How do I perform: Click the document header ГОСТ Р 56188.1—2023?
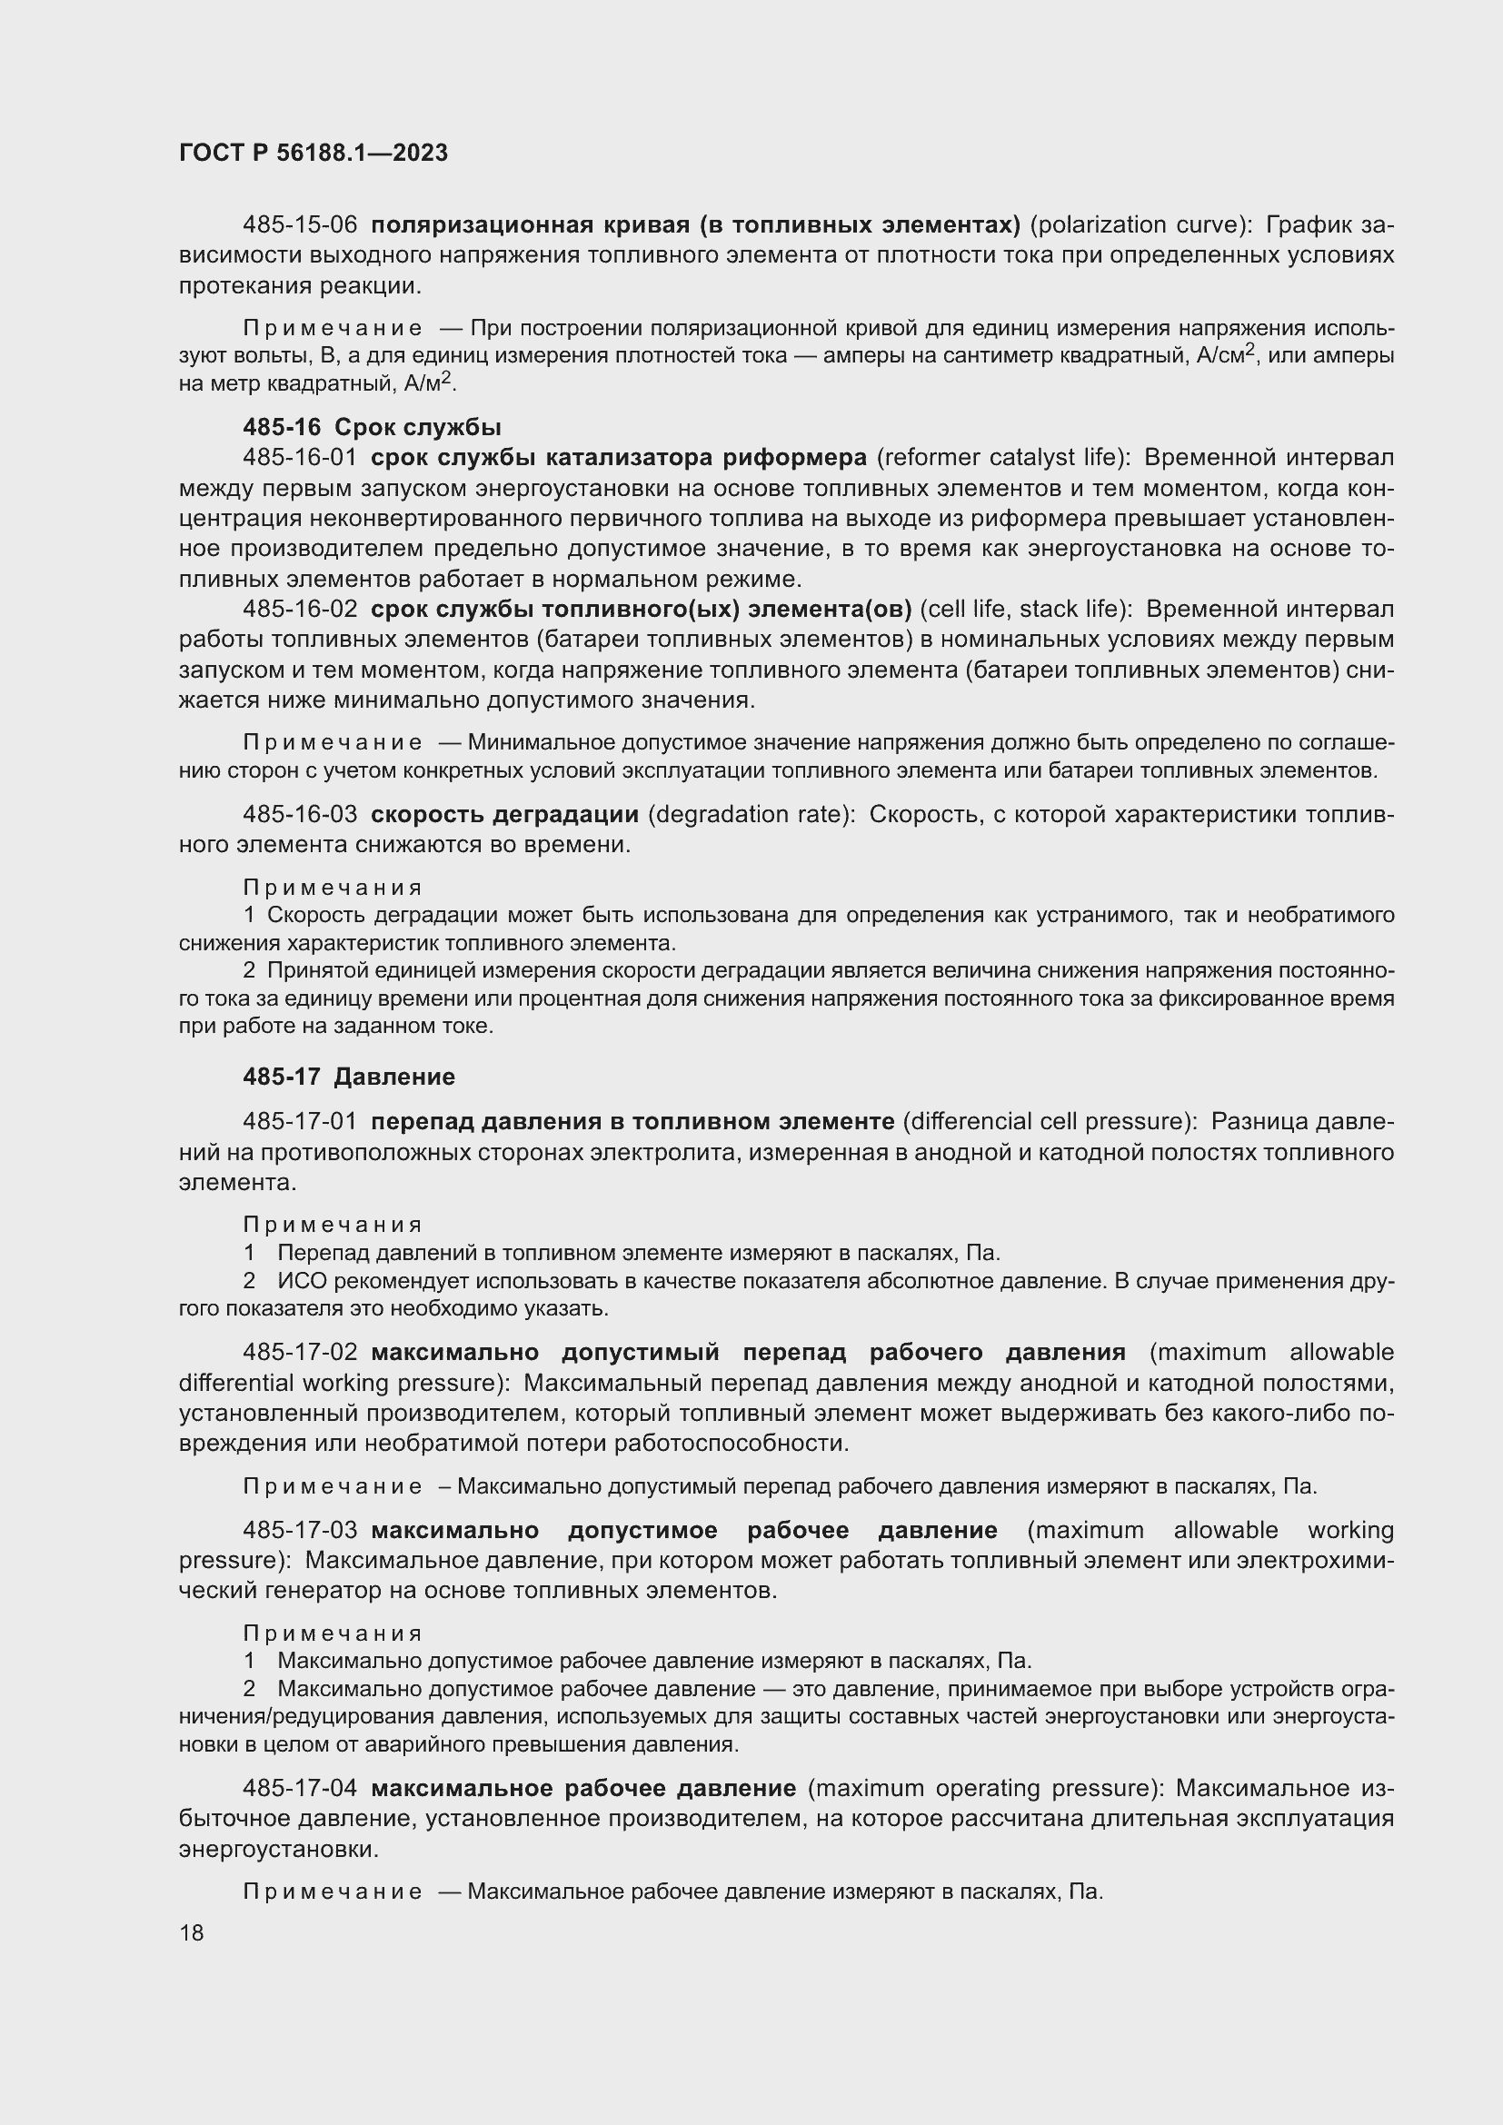click(x=313, y=153)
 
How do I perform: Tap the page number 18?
click(x=192, y=1932)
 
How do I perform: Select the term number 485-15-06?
click(x=299, y=225)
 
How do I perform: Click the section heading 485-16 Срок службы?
click(x=371, y=427)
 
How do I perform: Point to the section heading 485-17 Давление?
click(x=348, y=1077)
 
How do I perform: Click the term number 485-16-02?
click(x=299, y=609)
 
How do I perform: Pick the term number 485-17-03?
click(x=299, y=1530)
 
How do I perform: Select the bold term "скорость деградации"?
click(x=504, y=814)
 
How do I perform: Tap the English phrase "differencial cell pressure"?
click(x=1045, y=1122)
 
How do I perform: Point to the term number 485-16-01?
click(x=299, y=457)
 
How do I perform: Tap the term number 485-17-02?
click(x=299, y=1352)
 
